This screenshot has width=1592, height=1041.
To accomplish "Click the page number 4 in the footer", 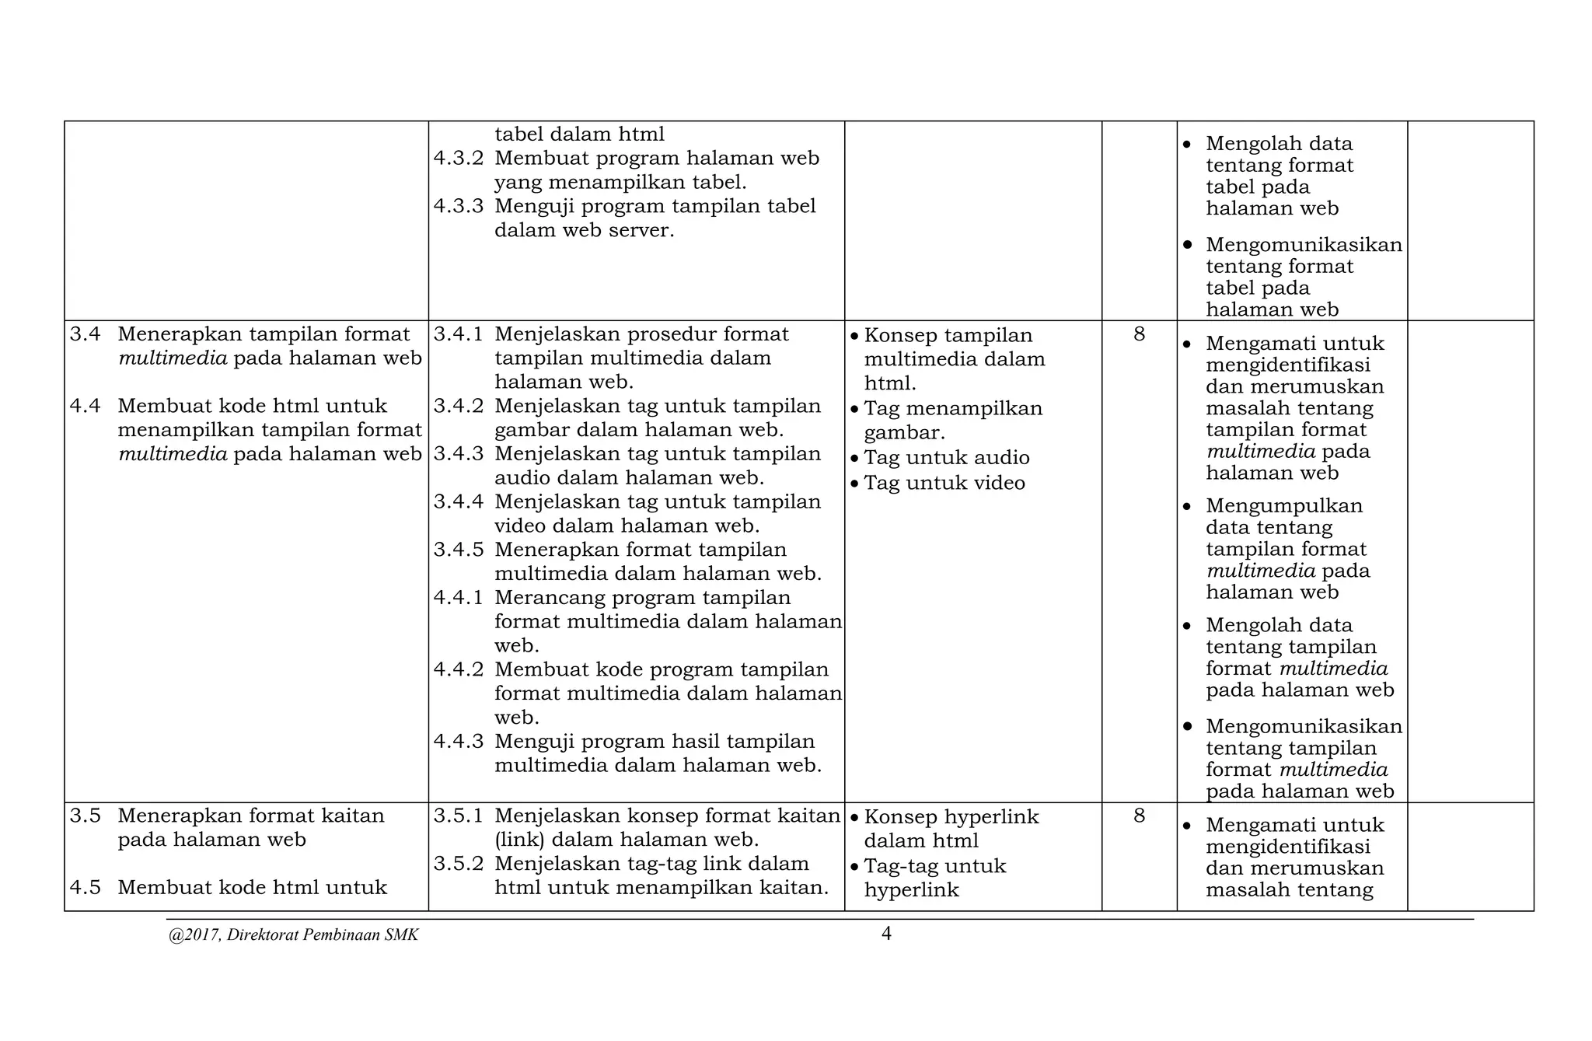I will tap(886, 934).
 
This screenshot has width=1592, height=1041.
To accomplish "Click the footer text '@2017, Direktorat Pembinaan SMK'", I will tap(293, 935).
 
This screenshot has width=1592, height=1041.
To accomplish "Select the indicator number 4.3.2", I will tap(459, 159).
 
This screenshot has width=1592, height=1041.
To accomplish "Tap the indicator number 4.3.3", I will tap(459, 206).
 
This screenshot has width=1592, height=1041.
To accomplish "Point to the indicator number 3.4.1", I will tap(459, 334).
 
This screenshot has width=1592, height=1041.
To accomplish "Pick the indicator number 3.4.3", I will tap(459, 454).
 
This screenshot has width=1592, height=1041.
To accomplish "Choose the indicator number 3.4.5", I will tap(459, 550).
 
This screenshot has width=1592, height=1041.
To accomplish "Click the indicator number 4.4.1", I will tap(459, 598).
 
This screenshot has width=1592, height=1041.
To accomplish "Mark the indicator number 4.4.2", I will tap(459, 669).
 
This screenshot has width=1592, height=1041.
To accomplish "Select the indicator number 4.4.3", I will tap(459, 742).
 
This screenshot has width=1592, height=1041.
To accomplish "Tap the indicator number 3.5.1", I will tap(459, 816).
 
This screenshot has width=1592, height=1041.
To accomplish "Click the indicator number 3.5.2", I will tap(459, 864).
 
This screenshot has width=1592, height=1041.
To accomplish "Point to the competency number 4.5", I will tap(86, 888).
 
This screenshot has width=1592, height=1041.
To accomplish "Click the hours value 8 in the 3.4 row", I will tap(1140, 334).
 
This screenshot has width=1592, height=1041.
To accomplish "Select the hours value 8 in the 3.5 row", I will tap(1140, 816).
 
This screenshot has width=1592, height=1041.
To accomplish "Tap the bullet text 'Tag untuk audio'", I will tap(947, 458).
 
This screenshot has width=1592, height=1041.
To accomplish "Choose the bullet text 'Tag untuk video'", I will tap(944, 484).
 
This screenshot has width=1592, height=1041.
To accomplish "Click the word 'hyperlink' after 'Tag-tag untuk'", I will tap(912, 890).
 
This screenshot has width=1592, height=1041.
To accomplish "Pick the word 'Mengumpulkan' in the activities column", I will tap(1284, 506).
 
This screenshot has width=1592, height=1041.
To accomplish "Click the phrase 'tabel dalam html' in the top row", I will tap(579, 134).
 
